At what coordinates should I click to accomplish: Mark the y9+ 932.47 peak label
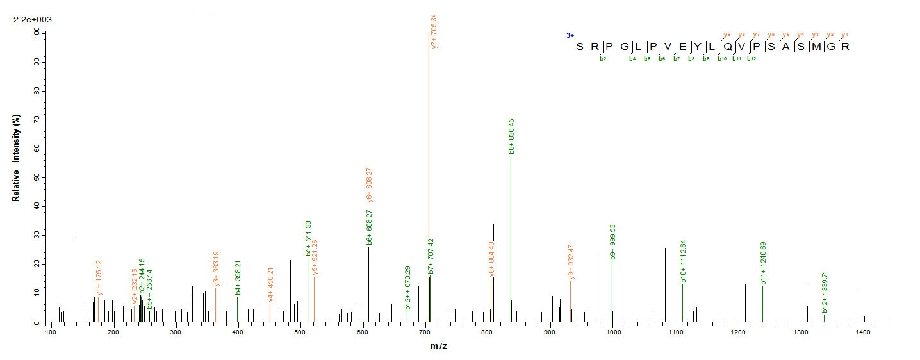tap(571, 263)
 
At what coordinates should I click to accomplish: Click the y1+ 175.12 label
tap(99, 278)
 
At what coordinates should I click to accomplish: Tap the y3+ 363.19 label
tap(217, 268)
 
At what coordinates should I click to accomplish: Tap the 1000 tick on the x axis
tap(612, 332)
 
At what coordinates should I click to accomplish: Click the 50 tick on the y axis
tap(37, 177)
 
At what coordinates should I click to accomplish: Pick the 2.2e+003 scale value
tap(33, 19)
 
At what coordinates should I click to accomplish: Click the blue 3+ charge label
tap(570, 36)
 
